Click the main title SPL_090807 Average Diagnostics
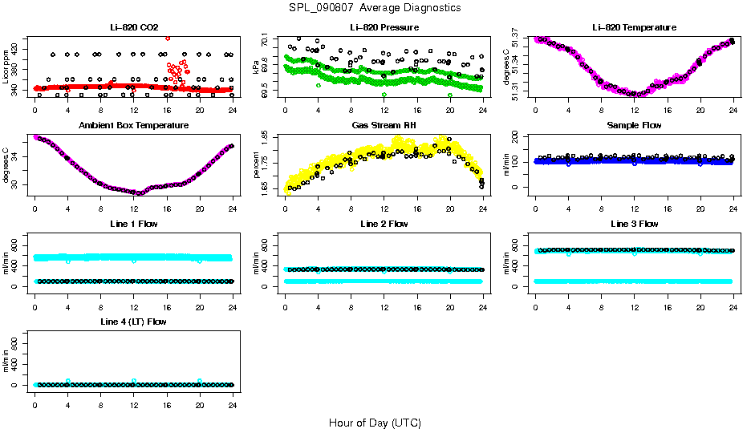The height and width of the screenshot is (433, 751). [x=375, y=7]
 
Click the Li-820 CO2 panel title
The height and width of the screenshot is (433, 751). [x=134, y=27]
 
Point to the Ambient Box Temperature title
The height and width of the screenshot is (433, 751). [x=134, y=125]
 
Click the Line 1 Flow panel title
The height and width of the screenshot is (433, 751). [x=134, y=224]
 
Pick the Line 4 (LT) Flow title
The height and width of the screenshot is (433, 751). [x=134, y=322]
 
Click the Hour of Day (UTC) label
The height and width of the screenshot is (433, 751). [x=375, y=422]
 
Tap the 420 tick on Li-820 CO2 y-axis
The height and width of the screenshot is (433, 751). [x=18, y=50]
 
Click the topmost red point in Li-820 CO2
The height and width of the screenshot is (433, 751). [x=167, y=38]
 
